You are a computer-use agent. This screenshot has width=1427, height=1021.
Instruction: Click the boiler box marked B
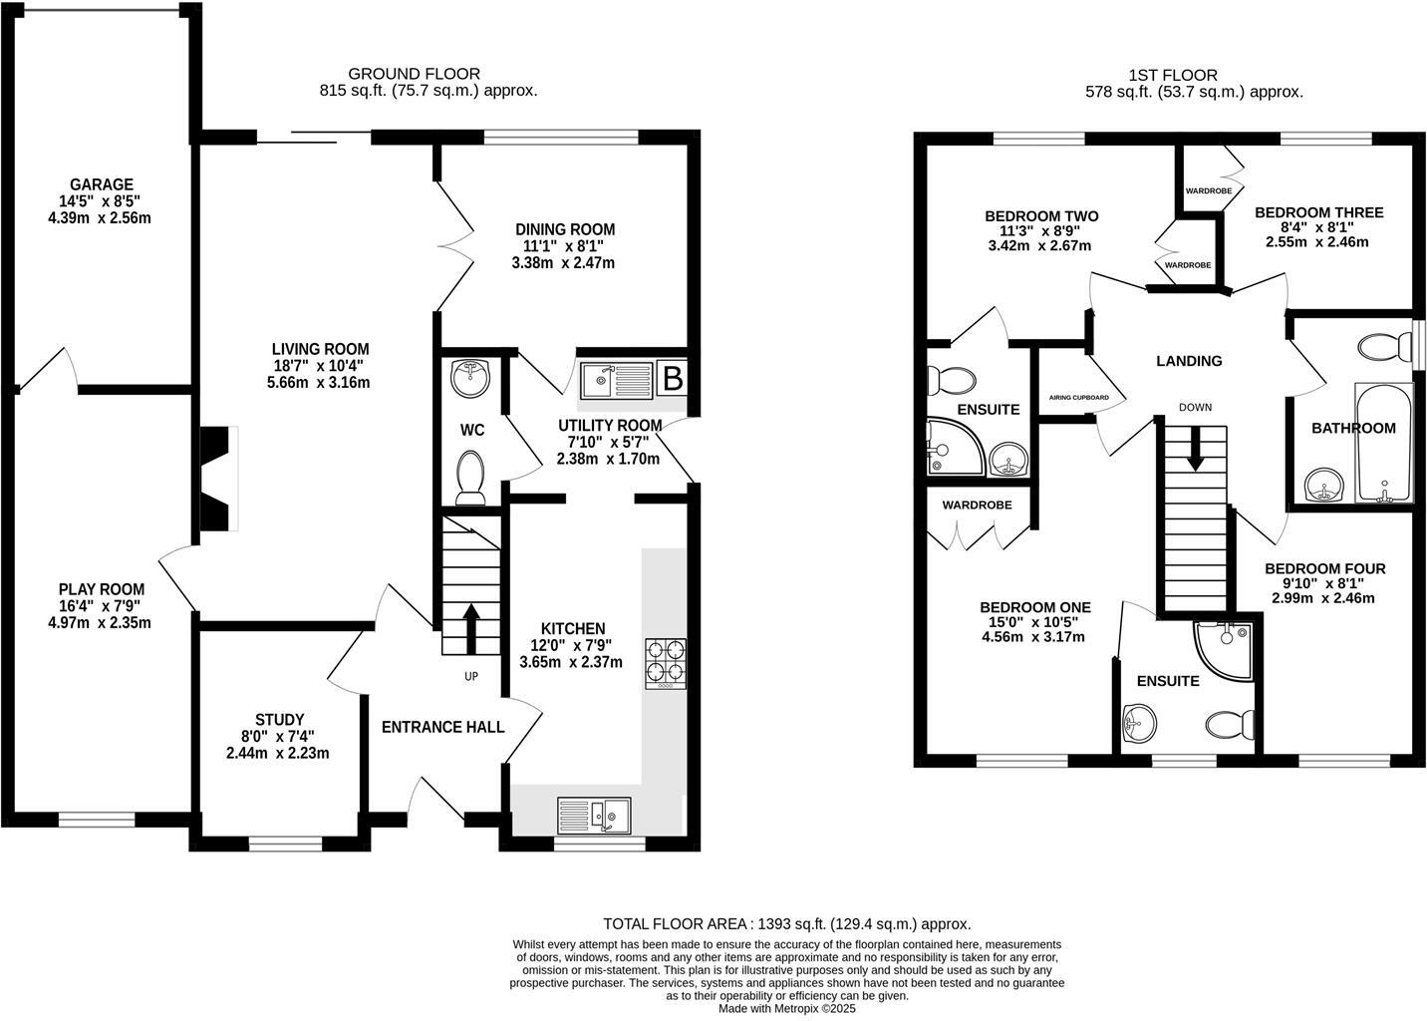pos(673,379)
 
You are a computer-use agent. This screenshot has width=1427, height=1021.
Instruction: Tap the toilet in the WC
pos(469,477)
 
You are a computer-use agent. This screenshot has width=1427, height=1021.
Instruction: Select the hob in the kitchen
pos(666,662)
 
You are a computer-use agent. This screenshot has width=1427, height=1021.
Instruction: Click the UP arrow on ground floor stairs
pos(469,626)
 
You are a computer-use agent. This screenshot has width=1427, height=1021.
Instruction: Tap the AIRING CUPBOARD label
pos(1078,397)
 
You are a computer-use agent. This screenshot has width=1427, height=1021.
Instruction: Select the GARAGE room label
pos(101,184)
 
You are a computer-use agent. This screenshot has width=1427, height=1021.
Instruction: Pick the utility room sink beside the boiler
pos(615,378)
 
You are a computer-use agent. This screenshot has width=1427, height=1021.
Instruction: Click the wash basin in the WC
pos(465,377)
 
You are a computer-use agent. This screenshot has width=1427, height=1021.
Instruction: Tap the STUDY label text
pos(279,719)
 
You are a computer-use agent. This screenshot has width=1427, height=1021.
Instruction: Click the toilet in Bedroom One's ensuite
pos(1231,725)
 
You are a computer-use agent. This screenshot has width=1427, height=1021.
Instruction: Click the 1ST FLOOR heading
pos(1193,75)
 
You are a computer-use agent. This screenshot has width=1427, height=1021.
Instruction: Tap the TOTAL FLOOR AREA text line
pos(786,924)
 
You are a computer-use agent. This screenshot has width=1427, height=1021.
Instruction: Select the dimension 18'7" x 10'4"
pos(320,366)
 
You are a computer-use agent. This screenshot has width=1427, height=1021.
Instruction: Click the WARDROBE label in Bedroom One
pos(977,506)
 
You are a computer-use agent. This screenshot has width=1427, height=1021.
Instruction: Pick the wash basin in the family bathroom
pos(1324,486)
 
